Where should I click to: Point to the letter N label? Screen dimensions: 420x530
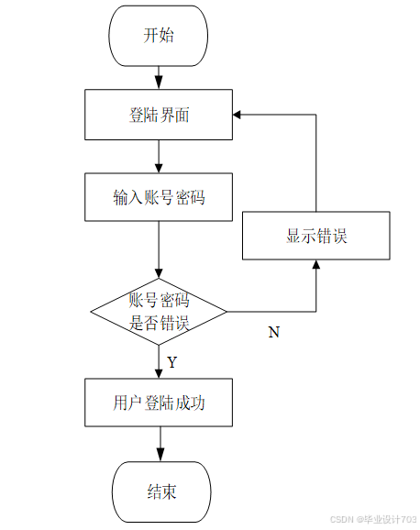pyautogui.click(x=274, y=332)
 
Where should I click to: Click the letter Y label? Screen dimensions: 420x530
pyautogui.click(x=172, y=362)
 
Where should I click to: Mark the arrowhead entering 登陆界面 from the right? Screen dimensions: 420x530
pyautogui.click(x=237, y=115)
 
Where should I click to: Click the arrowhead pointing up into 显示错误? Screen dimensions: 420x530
pyautogui.click(x=316, y=264)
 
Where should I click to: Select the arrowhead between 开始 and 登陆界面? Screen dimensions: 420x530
pyautogui.click(x=159, y=83)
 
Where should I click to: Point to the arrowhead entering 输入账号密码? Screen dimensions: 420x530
pyautogui.click(x=159, y=168)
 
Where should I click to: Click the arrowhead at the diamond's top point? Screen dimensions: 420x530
pyautogui.click(x=159, y=273)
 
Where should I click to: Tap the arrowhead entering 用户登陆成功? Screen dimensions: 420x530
pyautogui.click(x=159, y=373)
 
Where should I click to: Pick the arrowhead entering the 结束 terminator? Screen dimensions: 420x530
pyautogui.click(x=160, y=455)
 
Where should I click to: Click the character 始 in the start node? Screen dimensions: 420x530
pyautogui.click(x=166, y=35)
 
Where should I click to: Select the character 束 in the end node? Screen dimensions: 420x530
pyautogui.click(x=169, y=491)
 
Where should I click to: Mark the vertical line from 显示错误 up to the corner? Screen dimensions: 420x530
pyautogui.click(x=316, y=163)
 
